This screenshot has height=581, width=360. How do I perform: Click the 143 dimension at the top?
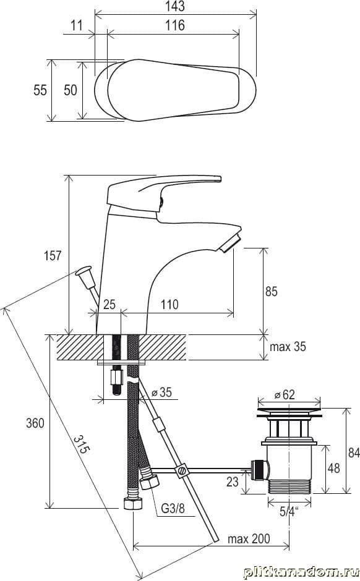[175, 6]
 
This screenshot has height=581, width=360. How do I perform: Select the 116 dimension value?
[174, 25]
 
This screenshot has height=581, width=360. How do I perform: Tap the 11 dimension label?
[76, 25]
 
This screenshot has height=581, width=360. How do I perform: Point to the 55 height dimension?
[40, 90]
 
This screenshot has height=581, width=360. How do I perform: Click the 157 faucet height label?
[53, 256]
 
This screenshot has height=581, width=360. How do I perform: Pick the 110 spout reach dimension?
[169, 304]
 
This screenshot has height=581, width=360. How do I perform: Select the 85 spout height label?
[272, 291]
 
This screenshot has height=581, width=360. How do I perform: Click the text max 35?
[288, 347]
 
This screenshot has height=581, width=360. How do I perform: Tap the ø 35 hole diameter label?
[161, 392]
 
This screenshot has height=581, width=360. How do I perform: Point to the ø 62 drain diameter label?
[285, 394]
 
